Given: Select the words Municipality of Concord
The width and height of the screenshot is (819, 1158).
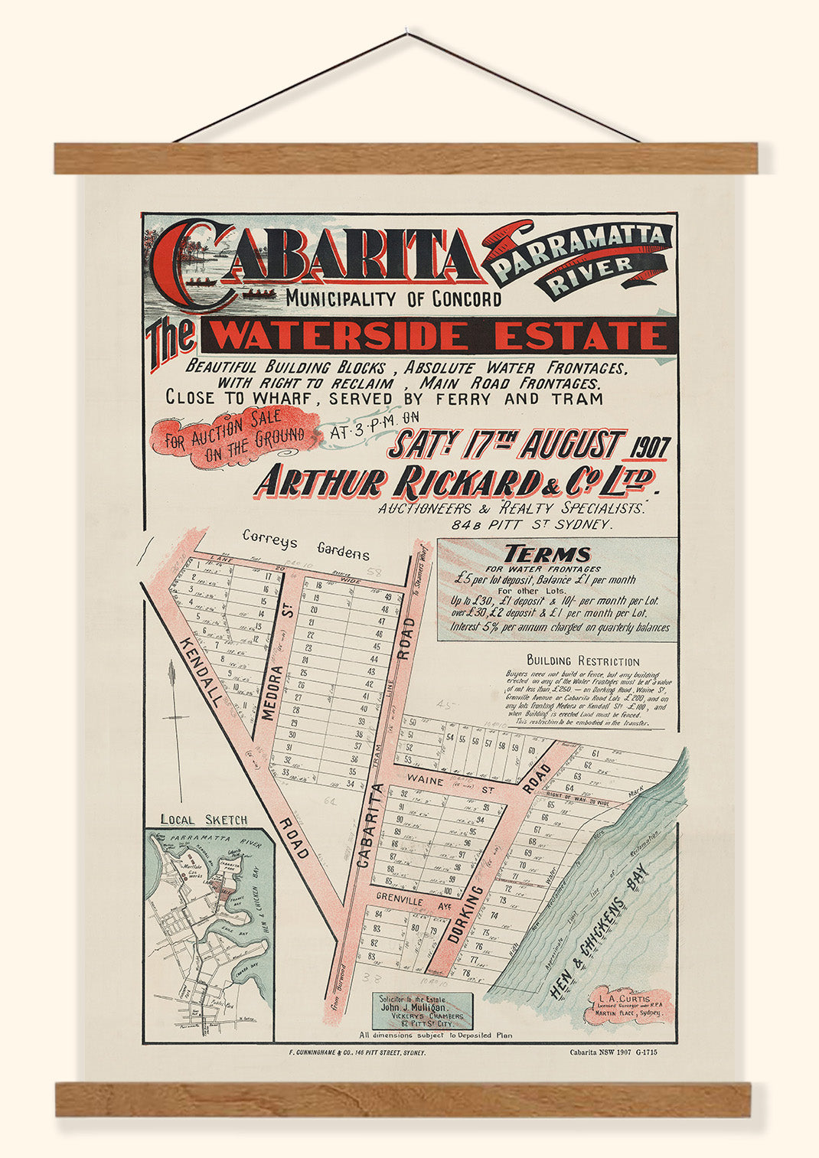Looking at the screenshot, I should tap(394, 299).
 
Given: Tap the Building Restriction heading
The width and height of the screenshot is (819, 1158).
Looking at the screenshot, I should tap(582, 661).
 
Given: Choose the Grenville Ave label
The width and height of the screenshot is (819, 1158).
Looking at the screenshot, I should tap(411, 903).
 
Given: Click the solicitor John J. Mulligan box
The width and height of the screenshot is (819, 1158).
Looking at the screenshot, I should tap(423, 1010).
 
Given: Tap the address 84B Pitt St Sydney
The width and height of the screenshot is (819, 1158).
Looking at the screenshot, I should tap(531, 525).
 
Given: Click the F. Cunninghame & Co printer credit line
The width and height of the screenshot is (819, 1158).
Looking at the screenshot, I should tap(354, 1053).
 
